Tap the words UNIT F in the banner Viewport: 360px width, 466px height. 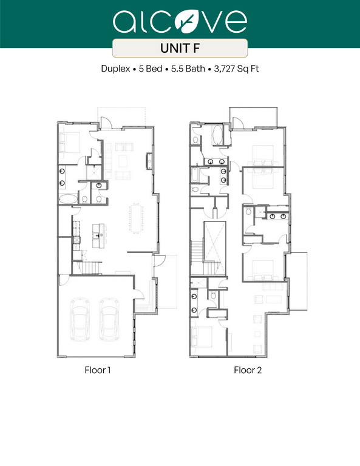tap(180, 48)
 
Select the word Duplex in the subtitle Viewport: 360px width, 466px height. tap(116, 69)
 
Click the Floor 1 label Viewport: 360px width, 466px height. tap(97, 369)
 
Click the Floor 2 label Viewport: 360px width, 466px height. tap(248, 369)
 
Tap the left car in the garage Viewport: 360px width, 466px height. tap(79, 318)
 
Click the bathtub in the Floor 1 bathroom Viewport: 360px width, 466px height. tap(67, 199)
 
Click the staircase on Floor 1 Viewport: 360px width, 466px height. tap(91, 268)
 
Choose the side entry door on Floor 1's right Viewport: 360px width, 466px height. tap(157, 262)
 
